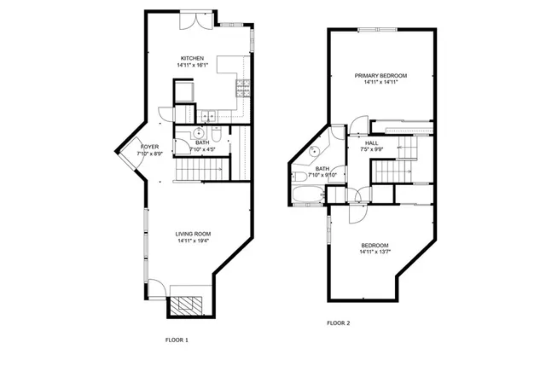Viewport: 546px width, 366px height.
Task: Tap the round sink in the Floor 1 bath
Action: pos(196,133)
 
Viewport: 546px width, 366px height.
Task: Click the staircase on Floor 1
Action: pos(196,172)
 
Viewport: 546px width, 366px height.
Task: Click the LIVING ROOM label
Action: pos(193,234)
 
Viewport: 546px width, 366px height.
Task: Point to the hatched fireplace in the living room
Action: pos(185,305)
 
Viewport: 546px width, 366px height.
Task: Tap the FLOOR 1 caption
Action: pos(177,340)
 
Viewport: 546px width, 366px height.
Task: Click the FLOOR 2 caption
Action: pos(339,323)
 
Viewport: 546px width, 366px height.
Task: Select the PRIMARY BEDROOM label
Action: pos(381,76)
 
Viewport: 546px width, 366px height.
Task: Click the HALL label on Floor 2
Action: pos(372,142)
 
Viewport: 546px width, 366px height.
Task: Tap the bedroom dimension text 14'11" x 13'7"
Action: pos(375,252)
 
